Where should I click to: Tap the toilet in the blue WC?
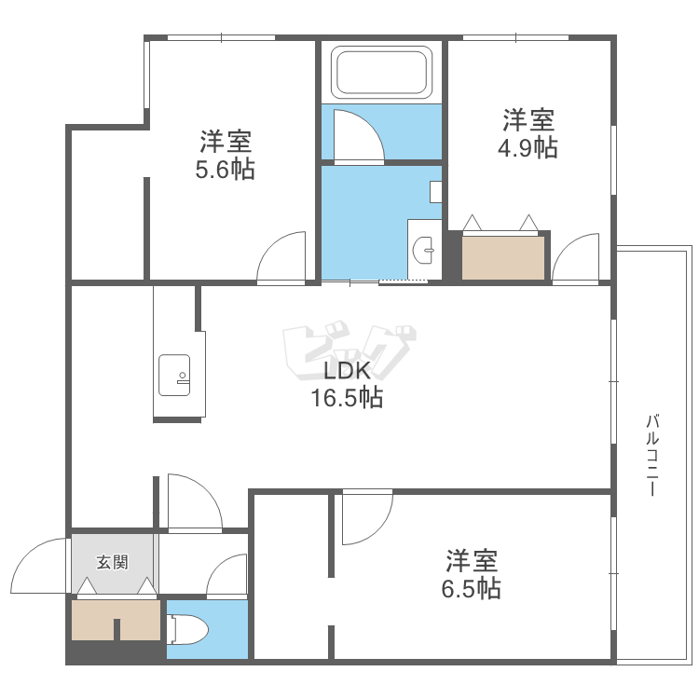187,629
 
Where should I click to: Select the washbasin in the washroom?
423,250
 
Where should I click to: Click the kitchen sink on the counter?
174,375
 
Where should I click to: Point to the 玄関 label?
113,562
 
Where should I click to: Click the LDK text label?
347,370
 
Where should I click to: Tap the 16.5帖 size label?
347,398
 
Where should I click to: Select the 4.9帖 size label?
528,147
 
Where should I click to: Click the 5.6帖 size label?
225,170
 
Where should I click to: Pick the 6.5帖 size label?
472,588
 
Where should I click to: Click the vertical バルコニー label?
652,455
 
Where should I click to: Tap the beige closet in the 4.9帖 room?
503,258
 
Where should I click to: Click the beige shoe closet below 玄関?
116,620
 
